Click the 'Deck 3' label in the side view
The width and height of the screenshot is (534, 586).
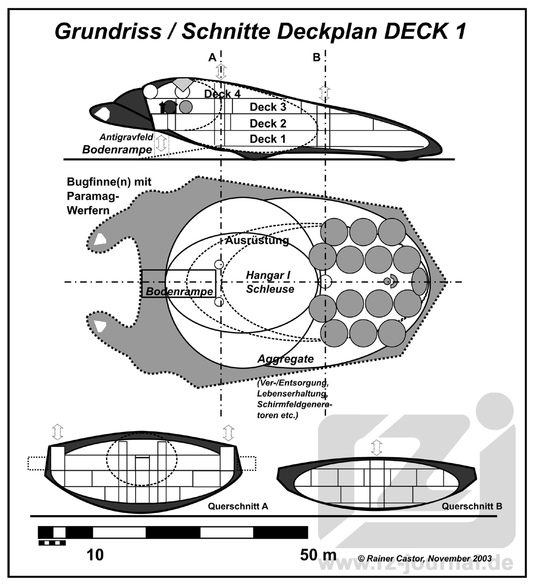(268, 107)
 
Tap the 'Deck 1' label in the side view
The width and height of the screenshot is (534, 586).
(268, 139)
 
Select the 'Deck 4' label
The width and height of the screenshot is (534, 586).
(222, 94)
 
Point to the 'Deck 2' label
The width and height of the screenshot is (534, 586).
(268, 124)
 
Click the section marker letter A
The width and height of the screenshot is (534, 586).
(212, 57)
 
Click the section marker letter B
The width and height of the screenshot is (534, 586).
(317, 57)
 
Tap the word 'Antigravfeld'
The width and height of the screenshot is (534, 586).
(126, 138)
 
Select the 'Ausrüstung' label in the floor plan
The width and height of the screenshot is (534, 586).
(257, 240)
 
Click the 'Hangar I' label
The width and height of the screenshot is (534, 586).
(268, 275)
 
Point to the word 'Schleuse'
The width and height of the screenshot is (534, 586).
(270, 289)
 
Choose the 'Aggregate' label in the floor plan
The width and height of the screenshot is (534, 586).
(286, 359)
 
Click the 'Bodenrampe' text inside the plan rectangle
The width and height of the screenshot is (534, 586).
(179, 291)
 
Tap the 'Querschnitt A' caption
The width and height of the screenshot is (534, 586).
(238, 506)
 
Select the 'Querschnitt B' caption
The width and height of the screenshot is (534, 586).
(472, 506)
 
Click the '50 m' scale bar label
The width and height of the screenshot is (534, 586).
(318, 555)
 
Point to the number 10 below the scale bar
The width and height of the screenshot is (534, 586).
(95, 555)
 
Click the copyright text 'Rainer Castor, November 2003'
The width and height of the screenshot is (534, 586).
(429, 558)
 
